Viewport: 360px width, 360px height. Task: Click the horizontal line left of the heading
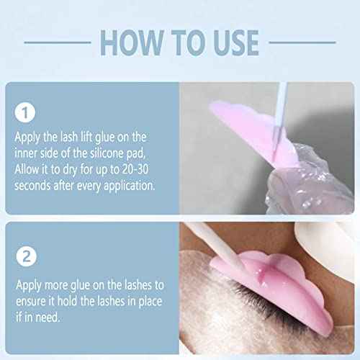click(58, 42)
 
